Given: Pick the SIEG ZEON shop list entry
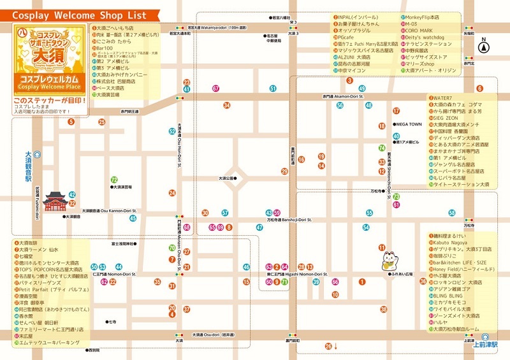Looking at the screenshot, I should tap(447, 118).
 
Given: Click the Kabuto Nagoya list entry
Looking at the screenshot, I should tap(452, 243).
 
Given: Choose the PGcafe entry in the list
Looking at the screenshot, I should tap(345, 38).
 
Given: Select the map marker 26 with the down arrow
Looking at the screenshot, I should tap(329, 346).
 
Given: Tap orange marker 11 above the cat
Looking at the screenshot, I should tap(382, 247).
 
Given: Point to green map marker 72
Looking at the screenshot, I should tap(114, 180).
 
